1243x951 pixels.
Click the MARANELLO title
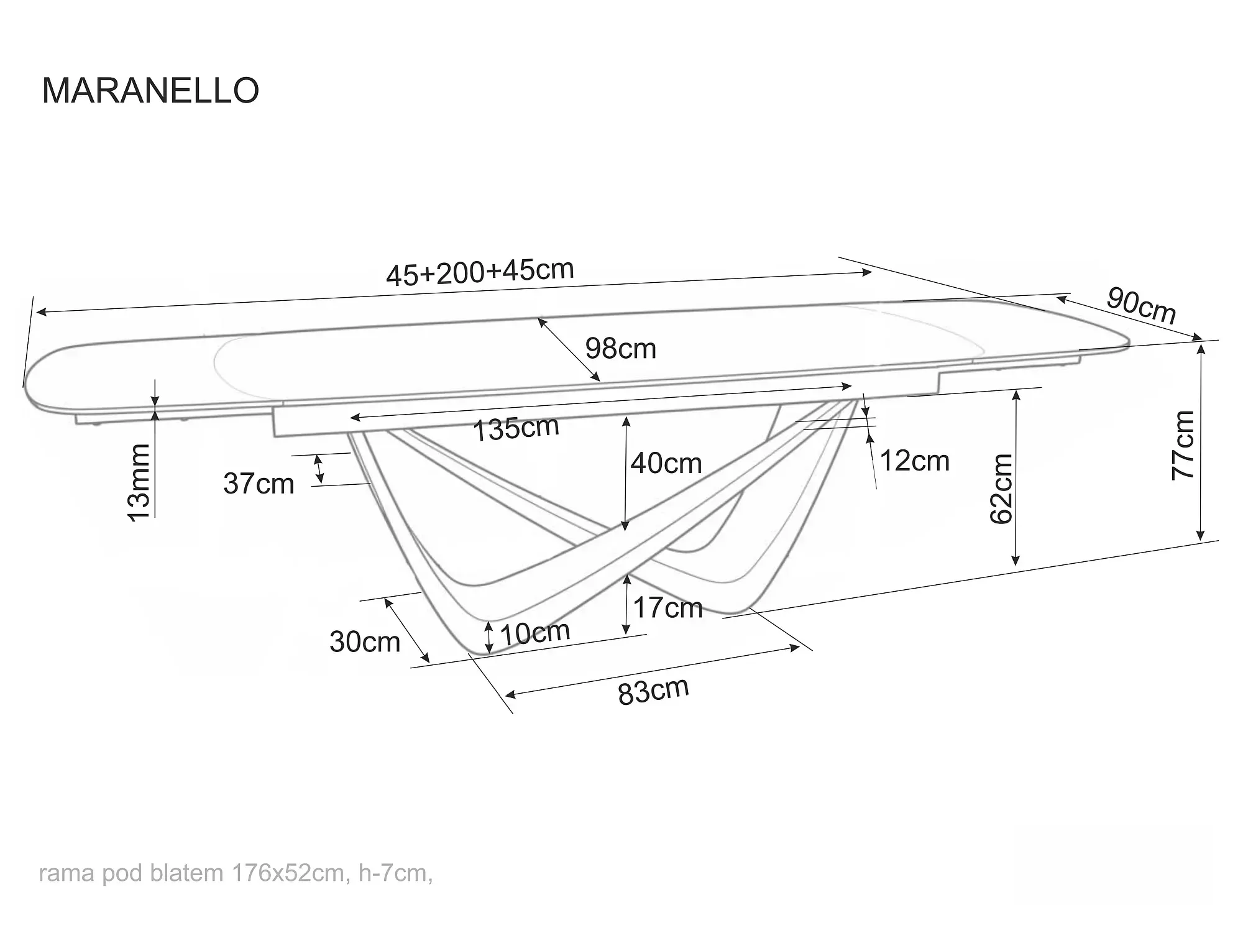[x=150, y=91]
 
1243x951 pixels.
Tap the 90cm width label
[x=1141, y=306]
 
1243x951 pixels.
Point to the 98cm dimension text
[x=621, y=349]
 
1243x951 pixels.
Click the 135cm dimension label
[x=516, y=428]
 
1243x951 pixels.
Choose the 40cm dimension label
[x=666, y=464]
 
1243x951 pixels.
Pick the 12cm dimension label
[x=915, y=461]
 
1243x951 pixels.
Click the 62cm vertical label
[x=1001, y=489]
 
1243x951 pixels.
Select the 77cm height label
[x=1183, y=444]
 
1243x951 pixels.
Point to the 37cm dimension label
[x=259, y=484]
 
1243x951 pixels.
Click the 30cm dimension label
[x=365, y=642]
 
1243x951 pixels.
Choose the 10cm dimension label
[x=534, y=633]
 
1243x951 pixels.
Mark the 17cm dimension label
[x=667, y=607]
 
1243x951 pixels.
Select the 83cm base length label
[x=653, y=691]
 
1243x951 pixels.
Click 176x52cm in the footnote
[x=288, y=873]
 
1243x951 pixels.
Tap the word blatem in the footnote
[x=186, y=873]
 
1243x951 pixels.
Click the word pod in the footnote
[x=122, y=873]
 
